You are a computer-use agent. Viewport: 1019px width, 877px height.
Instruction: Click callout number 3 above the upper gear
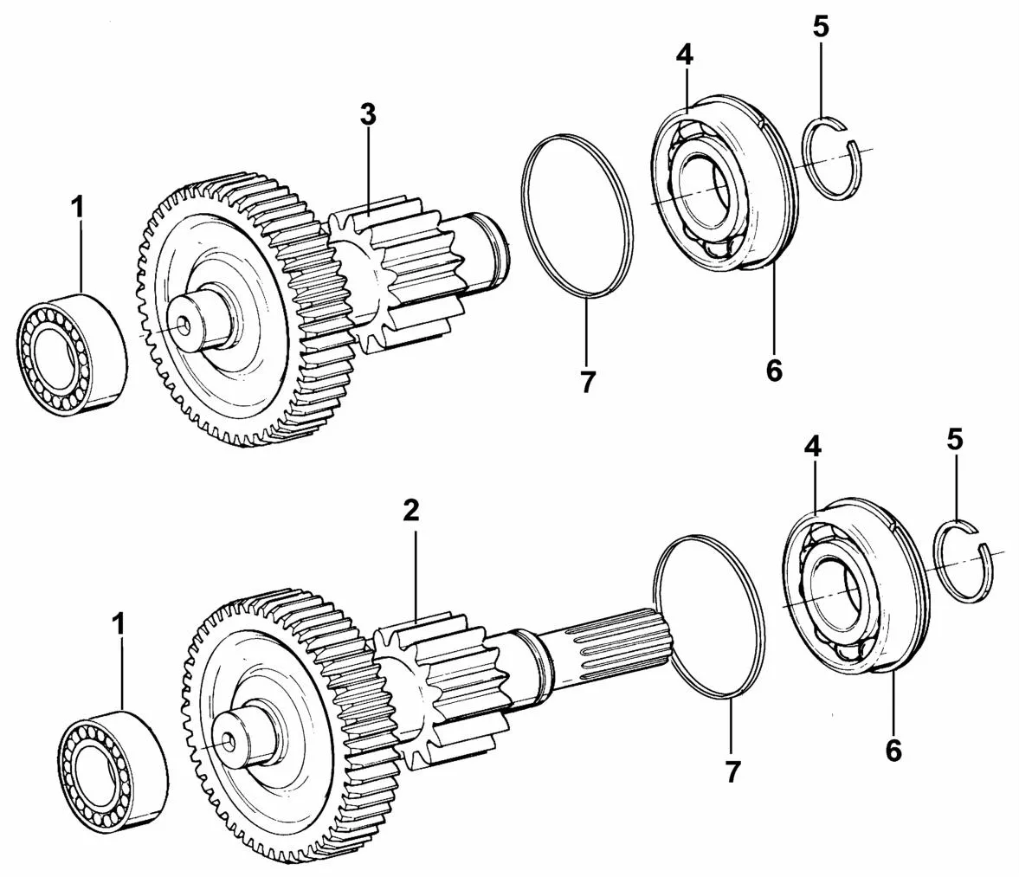[x=368, y=115]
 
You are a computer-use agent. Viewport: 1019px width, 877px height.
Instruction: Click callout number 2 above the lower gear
[x=410, y=511]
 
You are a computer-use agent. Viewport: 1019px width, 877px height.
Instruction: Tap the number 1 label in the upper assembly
[x=78, y=208]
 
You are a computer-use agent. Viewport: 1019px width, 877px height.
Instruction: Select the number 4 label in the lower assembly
[x=812, y=447]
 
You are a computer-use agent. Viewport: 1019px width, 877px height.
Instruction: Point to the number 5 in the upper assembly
[x=821, y=28]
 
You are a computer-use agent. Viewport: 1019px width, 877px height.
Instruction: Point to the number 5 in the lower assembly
[x=955, y=440]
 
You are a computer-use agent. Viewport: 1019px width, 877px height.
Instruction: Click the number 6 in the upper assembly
[x=774, y=371]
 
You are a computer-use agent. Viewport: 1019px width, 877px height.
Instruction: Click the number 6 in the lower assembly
[x=893, y=751]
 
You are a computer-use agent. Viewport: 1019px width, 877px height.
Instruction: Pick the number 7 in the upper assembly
[x=588, y=383]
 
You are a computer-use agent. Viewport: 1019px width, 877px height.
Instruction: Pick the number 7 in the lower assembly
[x=732, y=772]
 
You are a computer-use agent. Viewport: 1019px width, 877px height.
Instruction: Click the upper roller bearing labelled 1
[x=70, y=353]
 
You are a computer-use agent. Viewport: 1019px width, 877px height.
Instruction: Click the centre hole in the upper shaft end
[x=184, y=323]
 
